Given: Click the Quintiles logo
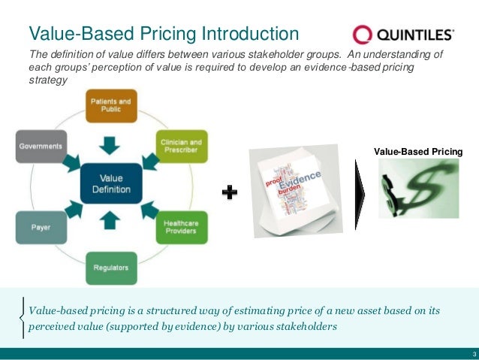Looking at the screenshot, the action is pyautogui.click(x=403, y=34).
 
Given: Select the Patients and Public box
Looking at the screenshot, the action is pyautogui.click(x=111, y=104).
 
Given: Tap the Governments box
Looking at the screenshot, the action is pyautogui.click(x=41, y=147).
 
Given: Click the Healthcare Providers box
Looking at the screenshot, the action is pyautogui.click(x=182, y=227).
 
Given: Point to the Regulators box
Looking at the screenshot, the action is pyautogui.click(x=111, y=268).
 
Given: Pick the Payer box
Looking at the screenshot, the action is pyautogui.click(x=41, y=227).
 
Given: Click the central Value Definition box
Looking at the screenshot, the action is pyautogui.click(x=111, y=183).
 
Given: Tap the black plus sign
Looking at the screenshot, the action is pyautogui.click(x=230, y=194).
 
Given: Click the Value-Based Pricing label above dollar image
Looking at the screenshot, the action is pyautogui.click(x=418, y=153).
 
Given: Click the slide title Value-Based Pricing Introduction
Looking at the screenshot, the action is pyautogui.click(x=164, y=33).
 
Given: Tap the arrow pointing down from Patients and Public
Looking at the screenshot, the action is pyautogui.click(x=111, y=143).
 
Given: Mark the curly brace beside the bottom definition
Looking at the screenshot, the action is pyautogui.click(x=23, y=318).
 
